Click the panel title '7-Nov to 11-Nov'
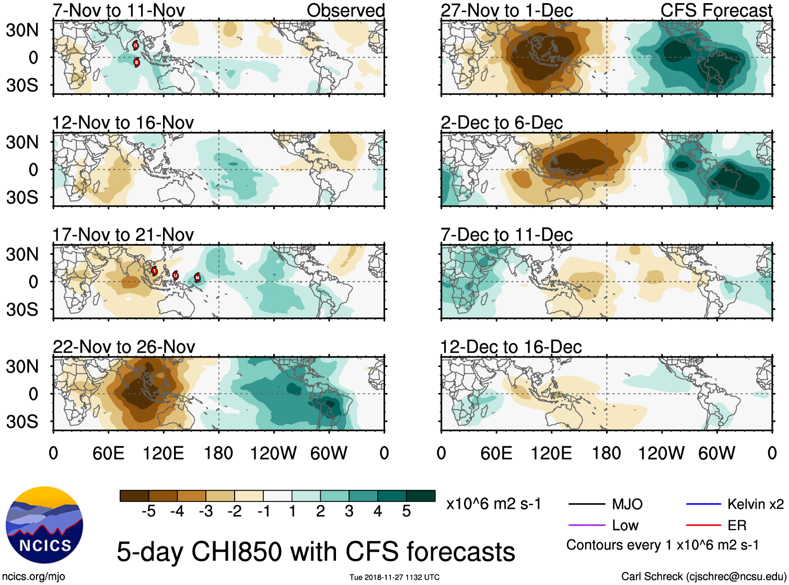119,10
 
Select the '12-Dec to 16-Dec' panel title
510,347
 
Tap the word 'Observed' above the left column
345,10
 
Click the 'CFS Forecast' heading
716,10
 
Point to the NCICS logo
44,525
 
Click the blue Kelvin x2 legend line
703,504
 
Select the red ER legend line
703,525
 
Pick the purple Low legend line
586,525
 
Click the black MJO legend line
586,504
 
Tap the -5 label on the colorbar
148,511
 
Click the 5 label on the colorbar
407,511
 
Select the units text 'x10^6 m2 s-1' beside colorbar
493,504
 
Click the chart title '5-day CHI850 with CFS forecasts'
316,552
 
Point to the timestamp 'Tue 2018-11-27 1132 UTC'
394,577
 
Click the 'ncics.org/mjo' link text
33,577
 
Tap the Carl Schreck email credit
703,577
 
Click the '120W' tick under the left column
273,453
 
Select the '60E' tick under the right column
496,453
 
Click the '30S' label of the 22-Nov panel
22,422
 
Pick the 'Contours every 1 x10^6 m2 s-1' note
662,545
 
